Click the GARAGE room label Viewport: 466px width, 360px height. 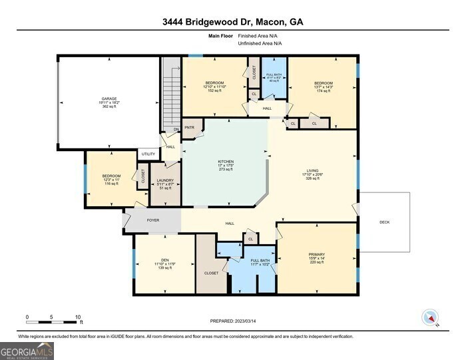pyautogui.click(x=109, y=98)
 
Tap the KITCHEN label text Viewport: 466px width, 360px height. pyautogui.click(x=226, y=162)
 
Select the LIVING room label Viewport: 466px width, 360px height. pyautogui.click(x=312, y=170)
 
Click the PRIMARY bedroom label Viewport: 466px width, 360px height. pyautogui.click(x=316, y=254)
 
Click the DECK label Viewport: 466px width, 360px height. pyautogui.click(x=385, y=222)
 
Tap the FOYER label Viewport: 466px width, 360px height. pyautogui.click(x=153, y=218)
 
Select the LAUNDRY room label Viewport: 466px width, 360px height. pyautogui.click(x=165, y=180)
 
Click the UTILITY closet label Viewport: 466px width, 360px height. pyautogui.click(x=148, y=154)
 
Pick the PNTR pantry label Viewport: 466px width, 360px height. pyautogui.click(x=189, y=127)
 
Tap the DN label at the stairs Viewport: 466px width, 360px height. pyautogui.click(x=176, y=129)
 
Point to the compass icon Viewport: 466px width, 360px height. pyautogui.click(x=430, y=319)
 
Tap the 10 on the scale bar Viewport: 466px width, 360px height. pyautogui.click(x=78, y=317)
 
